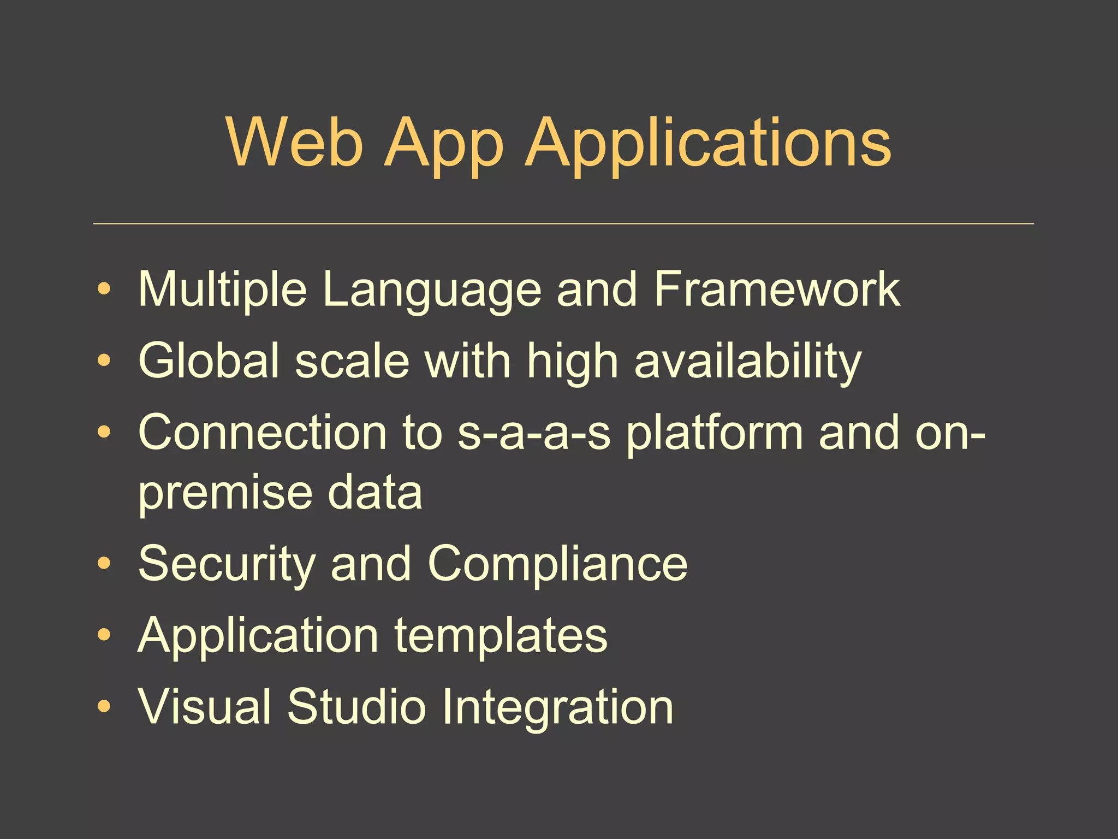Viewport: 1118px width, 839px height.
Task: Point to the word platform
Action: coord(715,434)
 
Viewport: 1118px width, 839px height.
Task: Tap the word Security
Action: coord(227,565)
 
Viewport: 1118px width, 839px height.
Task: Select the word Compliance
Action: coord(557,565)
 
